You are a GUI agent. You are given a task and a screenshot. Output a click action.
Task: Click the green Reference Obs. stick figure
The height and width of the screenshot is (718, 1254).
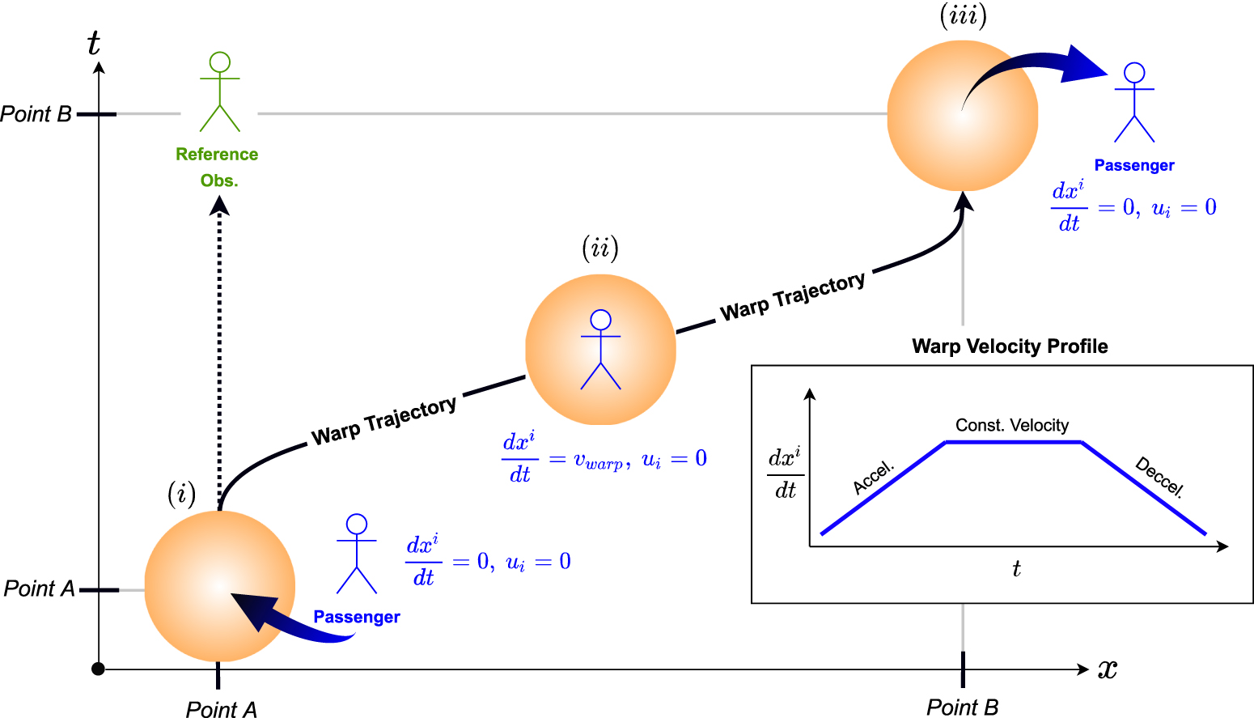click(x=220, y=91)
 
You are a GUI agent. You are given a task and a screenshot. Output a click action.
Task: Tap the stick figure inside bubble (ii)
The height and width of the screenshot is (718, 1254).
click(x=600, y=349)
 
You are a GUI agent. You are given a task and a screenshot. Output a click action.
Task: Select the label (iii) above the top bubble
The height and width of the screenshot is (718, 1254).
click(x=963, y=15)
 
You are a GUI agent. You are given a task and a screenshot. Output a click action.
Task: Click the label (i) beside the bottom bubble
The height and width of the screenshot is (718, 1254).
click(x=181, y=493)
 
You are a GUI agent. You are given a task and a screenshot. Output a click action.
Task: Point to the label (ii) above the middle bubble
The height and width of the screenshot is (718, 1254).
click(x=600, y=248)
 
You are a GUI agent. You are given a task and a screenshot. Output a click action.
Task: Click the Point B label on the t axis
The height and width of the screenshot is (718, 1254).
click(x=36, y=114)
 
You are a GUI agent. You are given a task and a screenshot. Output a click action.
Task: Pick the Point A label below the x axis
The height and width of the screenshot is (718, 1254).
click(x=221, y=709)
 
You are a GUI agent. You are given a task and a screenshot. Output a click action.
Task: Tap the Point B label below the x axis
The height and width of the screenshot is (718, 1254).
click(x=962, y=707)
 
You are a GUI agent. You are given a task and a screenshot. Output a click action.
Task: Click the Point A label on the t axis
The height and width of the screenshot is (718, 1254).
click(x=39, y=588)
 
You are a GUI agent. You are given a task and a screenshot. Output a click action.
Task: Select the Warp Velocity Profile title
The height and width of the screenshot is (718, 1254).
click(x=1010, y=346)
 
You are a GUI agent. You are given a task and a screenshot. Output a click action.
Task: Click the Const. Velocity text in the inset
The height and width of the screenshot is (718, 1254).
click(x=1011, y=425)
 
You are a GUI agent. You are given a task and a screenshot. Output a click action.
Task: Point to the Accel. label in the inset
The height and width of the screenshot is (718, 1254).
click(x=873, y=478)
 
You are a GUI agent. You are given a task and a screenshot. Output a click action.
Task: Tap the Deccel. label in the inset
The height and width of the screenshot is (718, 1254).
click(x=1159, y=478)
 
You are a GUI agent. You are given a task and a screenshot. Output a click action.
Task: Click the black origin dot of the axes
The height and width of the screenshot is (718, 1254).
click(x=98, y=669)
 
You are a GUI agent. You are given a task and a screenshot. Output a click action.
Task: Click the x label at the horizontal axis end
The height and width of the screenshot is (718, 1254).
click(x=1107, y=669)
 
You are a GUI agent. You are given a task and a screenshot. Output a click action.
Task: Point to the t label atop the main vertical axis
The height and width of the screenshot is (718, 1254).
click(x=94, y=43)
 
